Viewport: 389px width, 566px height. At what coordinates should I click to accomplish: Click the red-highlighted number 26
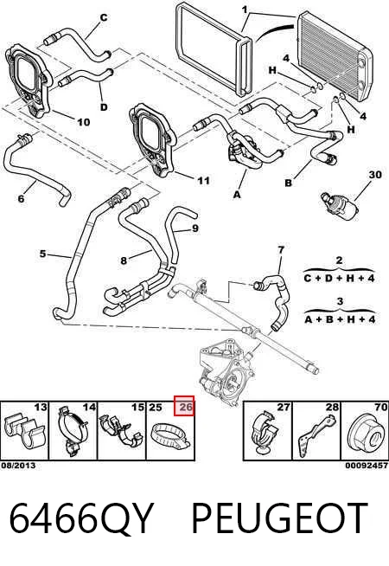click(x=186, y=407)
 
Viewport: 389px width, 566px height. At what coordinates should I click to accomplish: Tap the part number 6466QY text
click(x=81, y=518)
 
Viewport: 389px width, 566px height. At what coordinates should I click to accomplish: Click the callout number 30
click(x=375, y=175)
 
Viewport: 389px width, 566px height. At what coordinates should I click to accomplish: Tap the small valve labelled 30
click(x=340, y=206)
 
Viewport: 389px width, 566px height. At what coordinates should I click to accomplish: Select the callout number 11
click(x=204, y=180)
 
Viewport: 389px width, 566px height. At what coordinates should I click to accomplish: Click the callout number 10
click(x=83, y=122)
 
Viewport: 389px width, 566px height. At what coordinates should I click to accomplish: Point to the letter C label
click(x=104, y=17)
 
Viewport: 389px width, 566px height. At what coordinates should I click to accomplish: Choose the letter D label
click(x=104, y=107)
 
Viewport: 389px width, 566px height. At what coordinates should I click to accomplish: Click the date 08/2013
click(x=18, y=466)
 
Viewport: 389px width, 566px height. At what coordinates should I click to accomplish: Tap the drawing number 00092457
click(x=367, y=466)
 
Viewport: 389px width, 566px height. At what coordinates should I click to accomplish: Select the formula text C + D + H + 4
click(x=339, y=278)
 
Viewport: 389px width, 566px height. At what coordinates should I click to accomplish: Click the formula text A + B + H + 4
click(x=339, y=319)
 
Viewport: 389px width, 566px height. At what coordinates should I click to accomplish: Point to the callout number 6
click(x=21, y=198)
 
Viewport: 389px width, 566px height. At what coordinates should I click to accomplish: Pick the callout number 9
click(x=195, y=228)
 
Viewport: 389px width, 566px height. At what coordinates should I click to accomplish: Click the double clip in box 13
click(x=24, y=432)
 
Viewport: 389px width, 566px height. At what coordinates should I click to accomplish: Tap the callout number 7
click(x=281, y=249)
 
